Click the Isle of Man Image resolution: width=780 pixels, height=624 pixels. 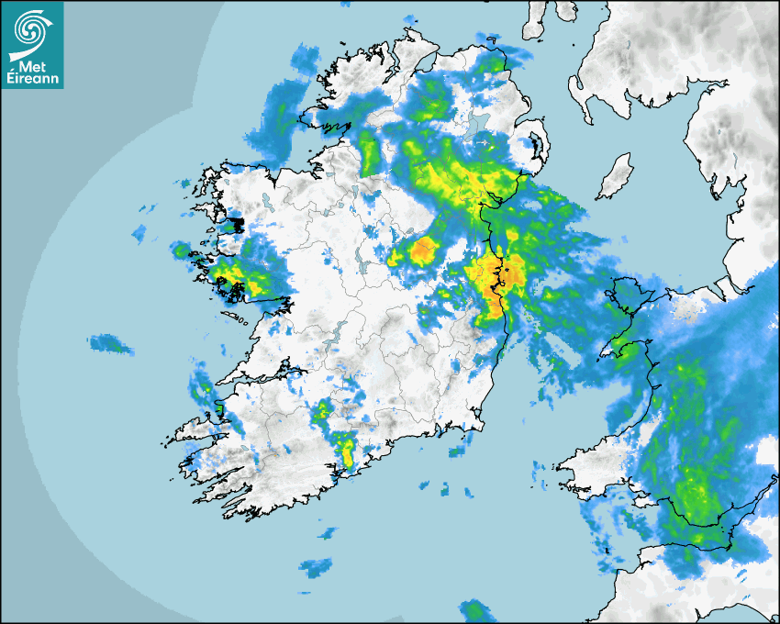616,177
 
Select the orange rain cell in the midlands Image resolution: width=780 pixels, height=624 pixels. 423,249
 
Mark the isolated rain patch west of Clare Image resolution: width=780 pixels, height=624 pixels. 110,344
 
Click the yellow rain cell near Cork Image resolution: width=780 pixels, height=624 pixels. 346,450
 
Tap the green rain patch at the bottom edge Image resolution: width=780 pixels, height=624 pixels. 475,611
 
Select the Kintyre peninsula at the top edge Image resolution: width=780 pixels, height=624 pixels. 538,18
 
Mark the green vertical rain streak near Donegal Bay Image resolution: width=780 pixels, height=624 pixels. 370,151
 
